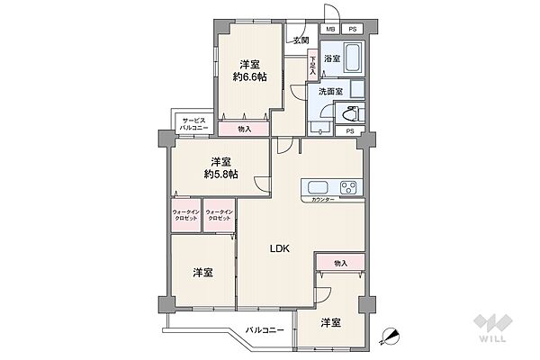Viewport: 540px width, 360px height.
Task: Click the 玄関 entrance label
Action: click(x=301, y=40)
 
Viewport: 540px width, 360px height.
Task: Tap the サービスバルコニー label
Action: click(x=194, y=125)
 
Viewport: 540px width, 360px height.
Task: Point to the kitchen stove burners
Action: click(x=348, y=187)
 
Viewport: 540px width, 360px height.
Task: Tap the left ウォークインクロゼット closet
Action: click(x=186, y=217)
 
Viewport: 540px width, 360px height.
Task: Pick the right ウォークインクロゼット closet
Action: click(x=220, y=217)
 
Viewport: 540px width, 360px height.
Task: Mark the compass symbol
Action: click(x=391, y=337)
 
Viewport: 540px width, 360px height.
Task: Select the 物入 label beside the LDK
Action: click(x=340, y=263)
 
